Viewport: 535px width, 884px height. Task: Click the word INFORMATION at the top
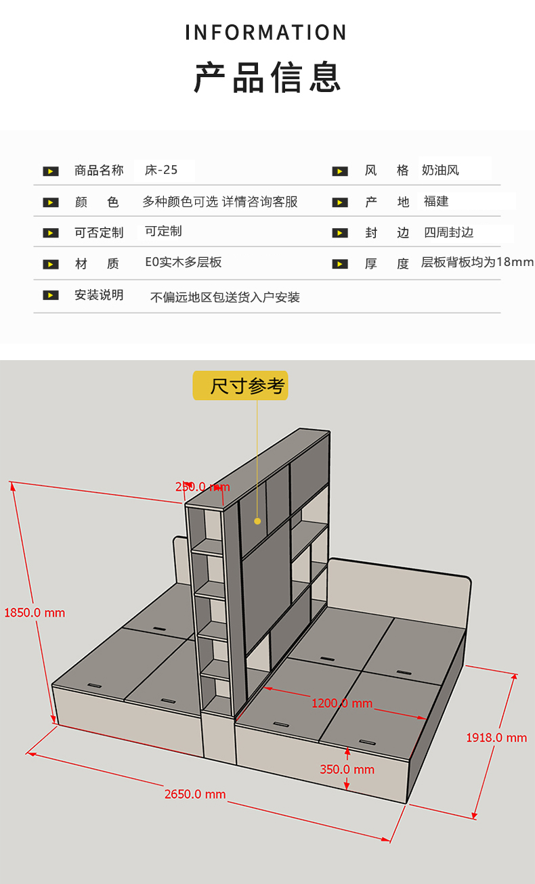pyautogui.click(x=266, y=32)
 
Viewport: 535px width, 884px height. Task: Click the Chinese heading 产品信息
pyautogui.click(x=267, y=77)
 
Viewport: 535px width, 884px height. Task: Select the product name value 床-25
pyautogui.click(x=161, y=170)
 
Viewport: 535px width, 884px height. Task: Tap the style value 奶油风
pyautogui.click(x=440, y=170)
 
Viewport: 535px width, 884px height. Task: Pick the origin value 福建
pyautogui.click(x=436, y=201)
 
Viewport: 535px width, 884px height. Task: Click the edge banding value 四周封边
pyautogui.click(x=448, y=232)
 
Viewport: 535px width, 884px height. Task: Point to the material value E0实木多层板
pyautogui.click(x=184, y=263)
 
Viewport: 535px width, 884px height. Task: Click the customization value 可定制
pyautogui.click(x=163, y=231)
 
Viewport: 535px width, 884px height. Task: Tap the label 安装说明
pyautogui.click(x=99, y=295)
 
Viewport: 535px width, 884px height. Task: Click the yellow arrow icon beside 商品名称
pyautogui.click(x=51, y=171)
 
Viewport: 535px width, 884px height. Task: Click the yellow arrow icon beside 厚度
pyautogui.click(x=340, y=263)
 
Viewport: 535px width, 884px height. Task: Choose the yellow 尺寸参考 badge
pyautogui.click(x=240, y=386)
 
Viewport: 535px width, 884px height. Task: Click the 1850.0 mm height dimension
pyautogui.click(x=35, y=613)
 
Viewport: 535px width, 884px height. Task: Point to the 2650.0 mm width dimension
pyautogui.click(x=195, y=794)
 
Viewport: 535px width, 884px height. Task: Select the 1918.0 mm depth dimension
pyautogui.click(x=496, y=737)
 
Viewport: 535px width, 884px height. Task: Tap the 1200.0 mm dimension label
pyautogui.click(x=342, y=703)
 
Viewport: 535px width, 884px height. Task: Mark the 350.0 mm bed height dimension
pyautogui.click(x=347, y=770)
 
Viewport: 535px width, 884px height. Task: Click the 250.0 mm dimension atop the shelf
pyautogui.click(x=202, y=487)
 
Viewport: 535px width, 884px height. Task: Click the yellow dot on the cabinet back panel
pyautogui.click(x=257, y=521)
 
